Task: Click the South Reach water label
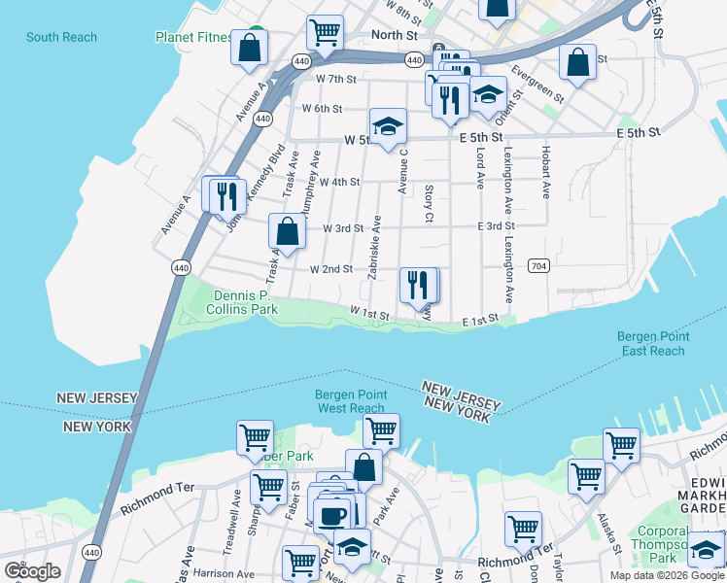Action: (x=61, y=37)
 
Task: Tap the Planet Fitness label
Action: (x=194, y=37)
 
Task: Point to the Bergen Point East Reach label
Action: (x=652, y=343)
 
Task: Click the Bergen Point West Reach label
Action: (x=350, y=401)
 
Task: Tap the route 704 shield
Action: (x=539, y=265)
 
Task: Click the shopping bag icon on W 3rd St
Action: (x=287, y=232)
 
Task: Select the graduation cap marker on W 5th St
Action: (x=387, y=125)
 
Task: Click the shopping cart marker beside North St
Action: (x=324, y=32)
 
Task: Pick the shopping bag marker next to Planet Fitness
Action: (x=249, y=47)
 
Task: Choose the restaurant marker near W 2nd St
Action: (x=418, y=285)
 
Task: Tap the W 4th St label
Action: (x=339, y=182)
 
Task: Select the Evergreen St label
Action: (x=537, y=84)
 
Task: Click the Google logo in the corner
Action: (x=32, y=571)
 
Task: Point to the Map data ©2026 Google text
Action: (x=667, y=575)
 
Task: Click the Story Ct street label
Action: (x=428, y=203)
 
